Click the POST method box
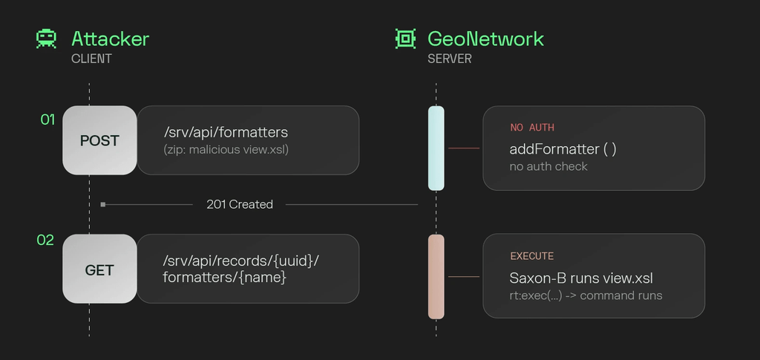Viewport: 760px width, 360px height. coord(99,140)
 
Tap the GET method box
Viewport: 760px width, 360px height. coord(99,269)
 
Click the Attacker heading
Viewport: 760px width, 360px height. coord(110,39)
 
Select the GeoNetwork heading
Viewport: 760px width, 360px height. coord(485,39)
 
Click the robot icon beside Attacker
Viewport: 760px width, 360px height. coord(46,39)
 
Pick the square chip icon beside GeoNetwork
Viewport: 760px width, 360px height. coord(406,39)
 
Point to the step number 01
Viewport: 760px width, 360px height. coord(47,120)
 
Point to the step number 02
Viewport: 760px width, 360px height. coord(45,240)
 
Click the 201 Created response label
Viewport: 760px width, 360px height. coord(240,204)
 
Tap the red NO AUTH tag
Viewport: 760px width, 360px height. coord(532,128)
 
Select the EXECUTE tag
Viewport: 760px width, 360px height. coord(531,256)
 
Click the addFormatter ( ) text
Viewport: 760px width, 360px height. coord(563,148)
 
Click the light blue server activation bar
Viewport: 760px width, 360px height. coord(436,148)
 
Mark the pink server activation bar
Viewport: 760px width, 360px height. coord(436,277)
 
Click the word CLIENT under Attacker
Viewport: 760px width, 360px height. coord(91,59)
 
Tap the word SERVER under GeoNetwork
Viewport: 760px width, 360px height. coord(450,59)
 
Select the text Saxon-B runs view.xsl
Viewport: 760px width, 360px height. coord(581,278)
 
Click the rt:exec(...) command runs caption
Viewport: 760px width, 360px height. coord(586,295)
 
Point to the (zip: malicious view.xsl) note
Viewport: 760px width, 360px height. coord(226,150)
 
